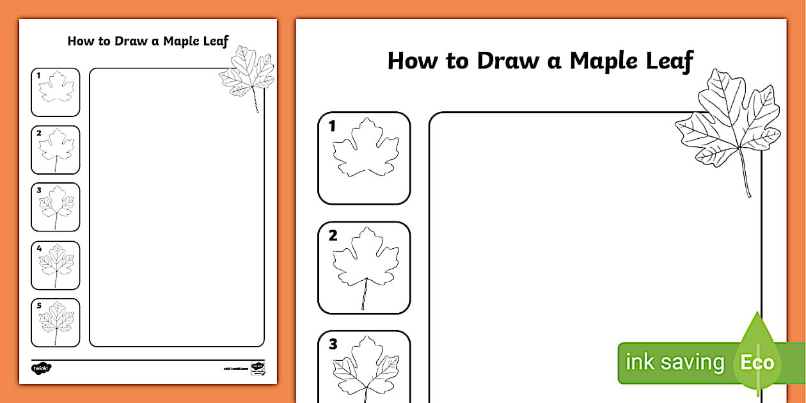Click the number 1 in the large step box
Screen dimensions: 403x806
(332, 126)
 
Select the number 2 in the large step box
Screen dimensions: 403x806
(333, 235)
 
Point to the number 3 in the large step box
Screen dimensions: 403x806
(333, 345)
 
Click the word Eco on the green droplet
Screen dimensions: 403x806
(757, 363)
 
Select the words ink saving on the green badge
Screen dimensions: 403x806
(674, 363)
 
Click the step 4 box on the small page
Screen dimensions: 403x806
(56, 265)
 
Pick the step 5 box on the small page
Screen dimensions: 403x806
(56, 322)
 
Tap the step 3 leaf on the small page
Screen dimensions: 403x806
(56, 206)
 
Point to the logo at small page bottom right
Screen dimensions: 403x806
(257, 368)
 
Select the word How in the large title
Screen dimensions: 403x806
(411, 61)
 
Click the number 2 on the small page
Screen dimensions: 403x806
(39, 133)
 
